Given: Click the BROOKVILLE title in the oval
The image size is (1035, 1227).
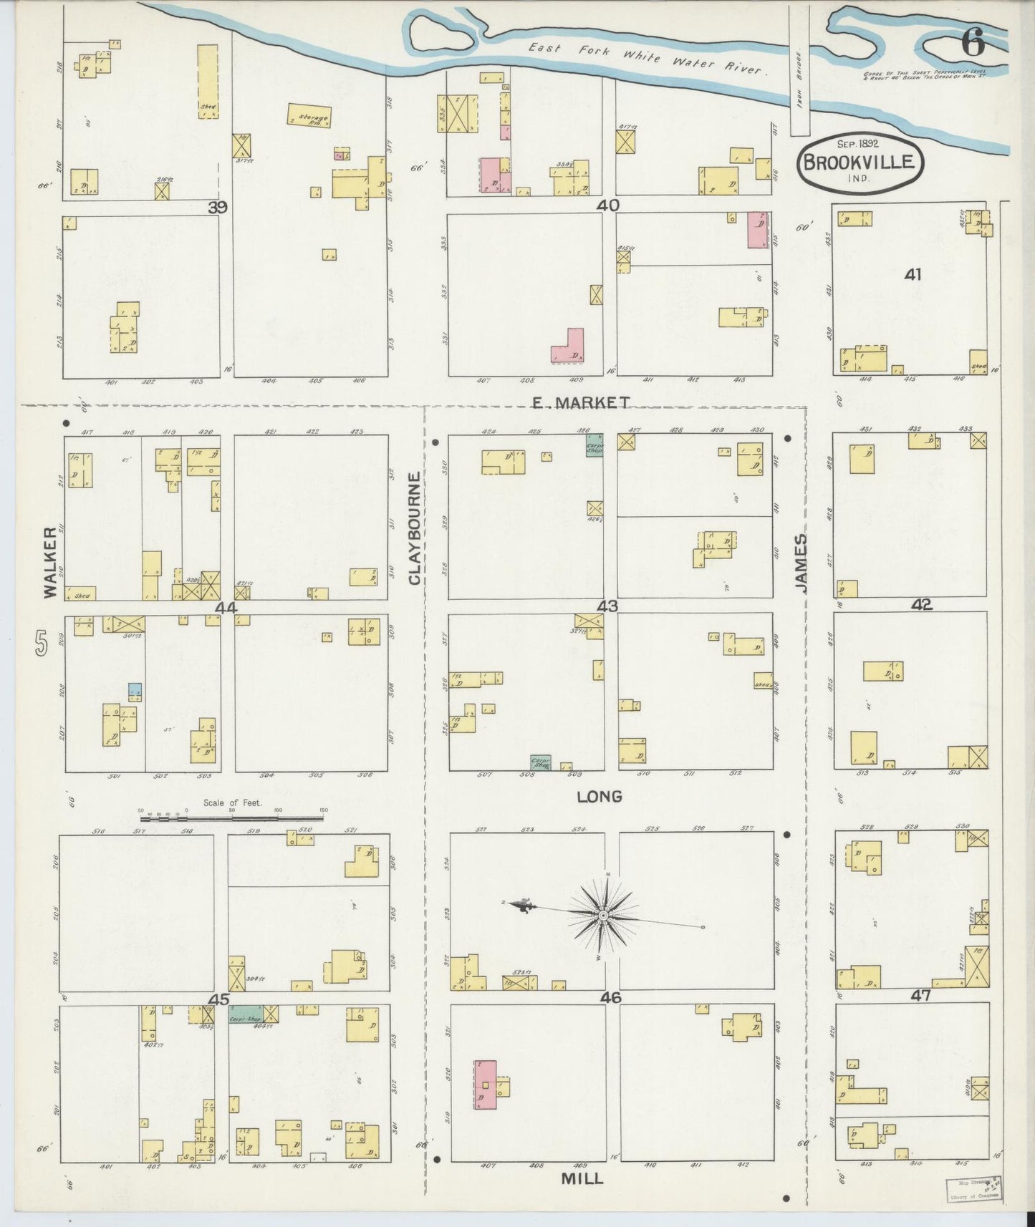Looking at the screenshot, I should (x=859, y=161).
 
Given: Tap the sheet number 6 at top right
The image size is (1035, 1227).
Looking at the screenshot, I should (x=973, y=44).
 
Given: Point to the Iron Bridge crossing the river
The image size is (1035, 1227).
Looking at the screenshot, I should (x=799, y=72).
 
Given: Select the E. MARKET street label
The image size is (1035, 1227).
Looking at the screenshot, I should (x=581, y=403).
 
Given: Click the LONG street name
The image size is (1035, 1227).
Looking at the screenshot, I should (x=599, y=796).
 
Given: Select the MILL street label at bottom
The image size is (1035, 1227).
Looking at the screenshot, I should (x=582, y=1178).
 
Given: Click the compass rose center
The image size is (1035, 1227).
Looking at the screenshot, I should (x=604, y=916).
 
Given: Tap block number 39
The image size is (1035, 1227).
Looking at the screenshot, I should (x=218, y=208).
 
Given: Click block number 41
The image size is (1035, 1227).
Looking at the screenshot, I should (x=913, y=274).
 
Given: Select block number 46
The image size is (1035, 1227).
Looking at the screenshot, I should (x=611, y=998).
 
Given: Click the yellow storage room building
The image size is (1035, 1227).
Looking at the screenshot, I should (x=309, y=116).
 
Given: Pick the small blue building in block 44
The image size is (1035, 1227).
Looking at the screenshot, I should (x=135, y=691).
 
